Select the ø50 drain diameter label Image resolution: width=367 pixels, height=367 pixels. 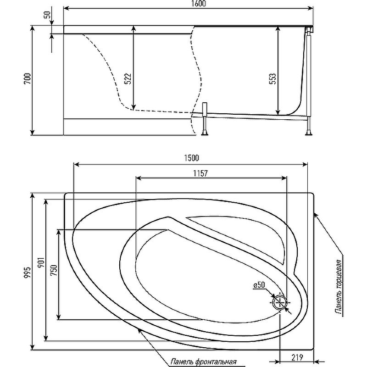click(x=259, y=285)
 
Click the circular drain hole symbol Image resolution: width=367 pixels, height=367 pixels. click(x=279, y=303)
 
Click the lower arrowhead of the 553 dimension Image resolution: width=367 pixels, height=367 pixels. click(x=278, y=111)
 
